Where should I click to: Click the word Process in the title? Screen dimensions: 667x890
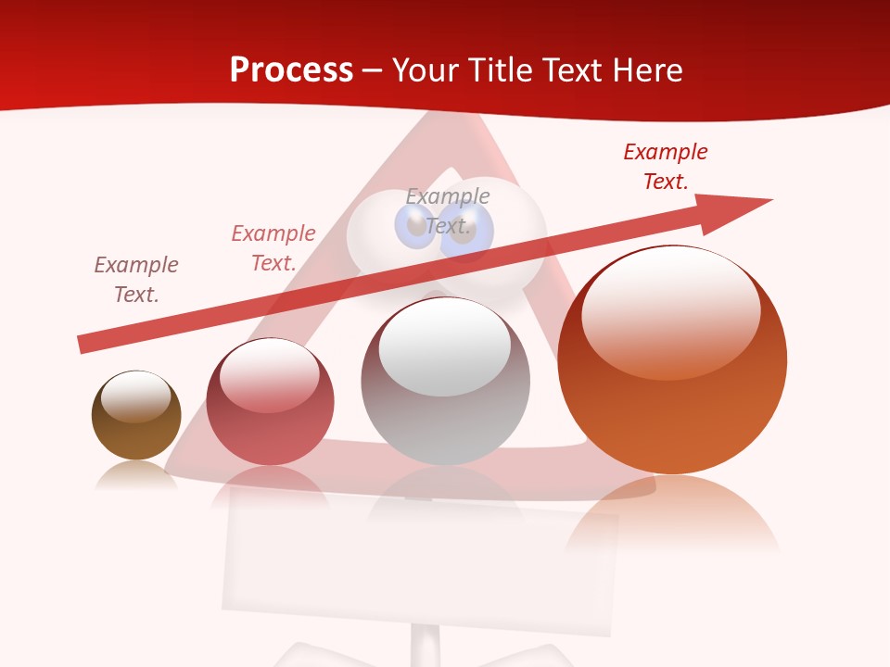(291, 70)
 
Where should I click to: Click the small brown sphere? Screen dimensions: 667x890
(136, 431)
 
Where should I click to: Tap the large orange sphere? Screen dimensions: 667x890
(672, 417)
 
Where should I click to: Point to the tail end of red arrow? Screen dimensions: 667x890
(83, 344)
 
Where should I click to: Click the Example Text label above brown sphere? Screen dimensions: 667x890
(136, 279)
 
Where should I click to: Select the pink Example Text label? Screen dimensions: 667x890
(273, 248)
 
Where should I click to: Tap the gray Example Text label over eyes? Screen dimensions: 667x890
(448, 211)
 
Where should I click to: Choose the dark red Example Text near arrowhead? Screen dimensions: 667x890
(666, 166)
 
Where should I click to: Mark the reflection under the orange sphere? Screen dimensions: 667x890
(672, 519)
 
